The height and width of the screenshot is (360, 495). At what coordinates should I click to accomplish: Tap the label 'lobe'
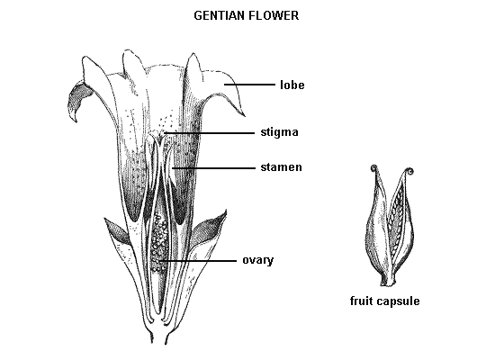[292, 85]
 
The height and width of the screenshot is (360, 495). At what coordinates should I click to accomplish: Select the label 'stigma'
[279, 132]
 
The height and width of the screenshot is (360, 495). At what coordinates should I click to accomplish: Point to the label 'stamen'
[282, 167]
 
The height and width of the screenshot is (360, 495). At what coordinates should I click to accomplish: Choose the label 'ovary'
[258, 260]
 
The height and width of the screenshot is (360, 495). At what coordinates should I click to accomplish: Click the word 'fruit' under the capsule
[362, 301]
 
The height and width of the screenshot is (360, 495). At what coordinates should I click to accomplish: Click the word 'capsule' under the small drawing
[399, 301]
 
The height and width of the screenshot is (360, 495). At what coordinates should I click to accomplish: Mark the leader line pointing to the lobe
[249, 85]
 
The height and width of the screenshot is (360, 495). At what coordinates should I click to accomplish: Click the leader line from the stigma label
[210, 133]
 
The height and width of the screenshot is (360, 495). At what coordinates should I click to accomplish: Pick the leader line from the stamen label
[213, 168]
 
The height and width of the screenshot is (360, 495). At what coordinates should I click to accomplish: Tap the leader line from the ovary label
[198, 261]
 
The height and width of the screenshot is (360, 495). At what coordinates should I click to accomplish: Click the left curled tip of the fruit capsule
[374, 167]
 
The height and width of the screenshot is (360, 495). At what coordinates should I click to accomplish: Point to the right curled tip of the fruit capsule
[410, 171]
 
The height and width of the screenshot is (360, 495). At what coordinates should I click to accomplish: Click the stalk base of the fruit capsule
[389, 282]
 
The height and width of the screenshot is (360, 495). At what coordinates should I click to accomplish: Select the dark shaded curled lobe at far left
[76, 100]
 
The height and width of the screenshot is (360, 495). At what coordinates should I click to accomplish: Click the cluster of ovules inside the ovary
[158, 241]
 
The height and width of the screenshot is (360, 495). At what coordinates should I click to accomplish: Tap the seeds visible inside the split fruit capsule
[396, 221]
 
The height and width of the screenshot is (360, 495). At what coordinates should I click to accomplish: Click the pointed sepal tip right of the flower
[225, 211]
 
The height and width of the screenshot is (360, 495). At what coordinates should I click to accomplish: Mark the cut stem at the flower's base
[158, 337]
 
